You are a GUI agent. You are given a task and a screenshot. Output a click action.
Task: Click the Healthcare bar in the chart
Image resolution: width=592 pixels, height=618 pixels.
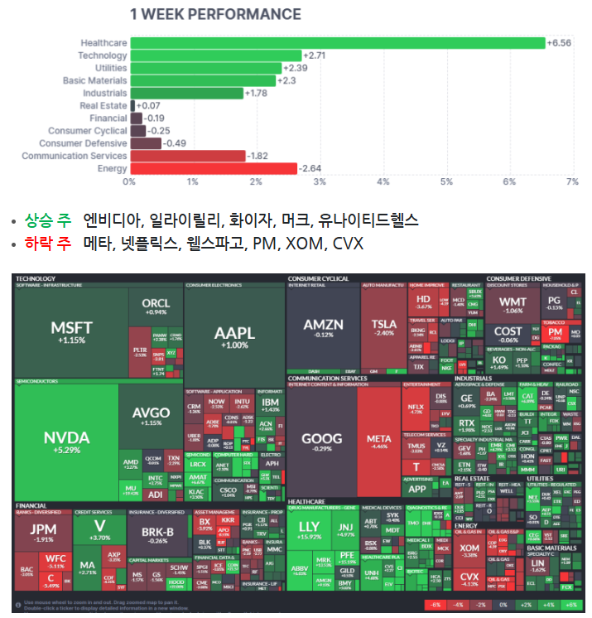(x=337, y=42)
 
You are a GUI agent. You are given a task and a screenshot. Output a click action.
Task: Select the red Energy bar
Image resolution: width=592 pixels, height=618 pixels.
(x=213, y=169)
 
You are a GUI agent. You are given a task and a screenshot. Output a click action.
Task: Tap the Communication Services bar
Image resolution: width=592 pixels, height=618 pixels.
(x=187, y=156)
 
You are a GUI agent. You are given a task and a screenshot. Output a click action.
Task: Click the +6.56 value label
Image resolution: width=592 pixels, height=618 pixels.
(x=560, y=43)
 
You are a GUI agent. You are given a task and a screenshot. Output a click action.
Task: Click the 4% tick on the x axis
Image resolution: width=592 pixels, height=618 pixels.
(x=383, y=181)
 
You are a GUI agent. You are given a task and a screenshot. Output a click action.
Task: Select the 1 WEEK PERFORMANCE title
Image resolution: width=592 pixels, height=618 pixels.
(x=215, y=14)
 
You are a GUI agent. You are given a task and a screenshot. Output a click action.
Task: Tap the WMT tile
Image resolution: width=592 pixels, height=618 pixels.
(x=513, y=305)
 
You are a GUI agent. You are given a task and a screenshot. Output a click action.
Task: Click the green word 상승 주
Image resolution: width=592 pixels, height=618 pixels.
(x=47, y=220)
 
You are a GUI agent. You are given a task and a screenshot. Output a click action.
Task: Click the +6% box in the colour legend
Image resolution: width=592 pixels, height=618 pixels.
(x=570, y=606)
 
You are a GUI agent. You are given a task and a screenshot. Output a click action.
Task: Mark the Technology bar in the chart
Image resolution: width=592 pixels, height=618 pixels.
(x=215, y=56)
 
